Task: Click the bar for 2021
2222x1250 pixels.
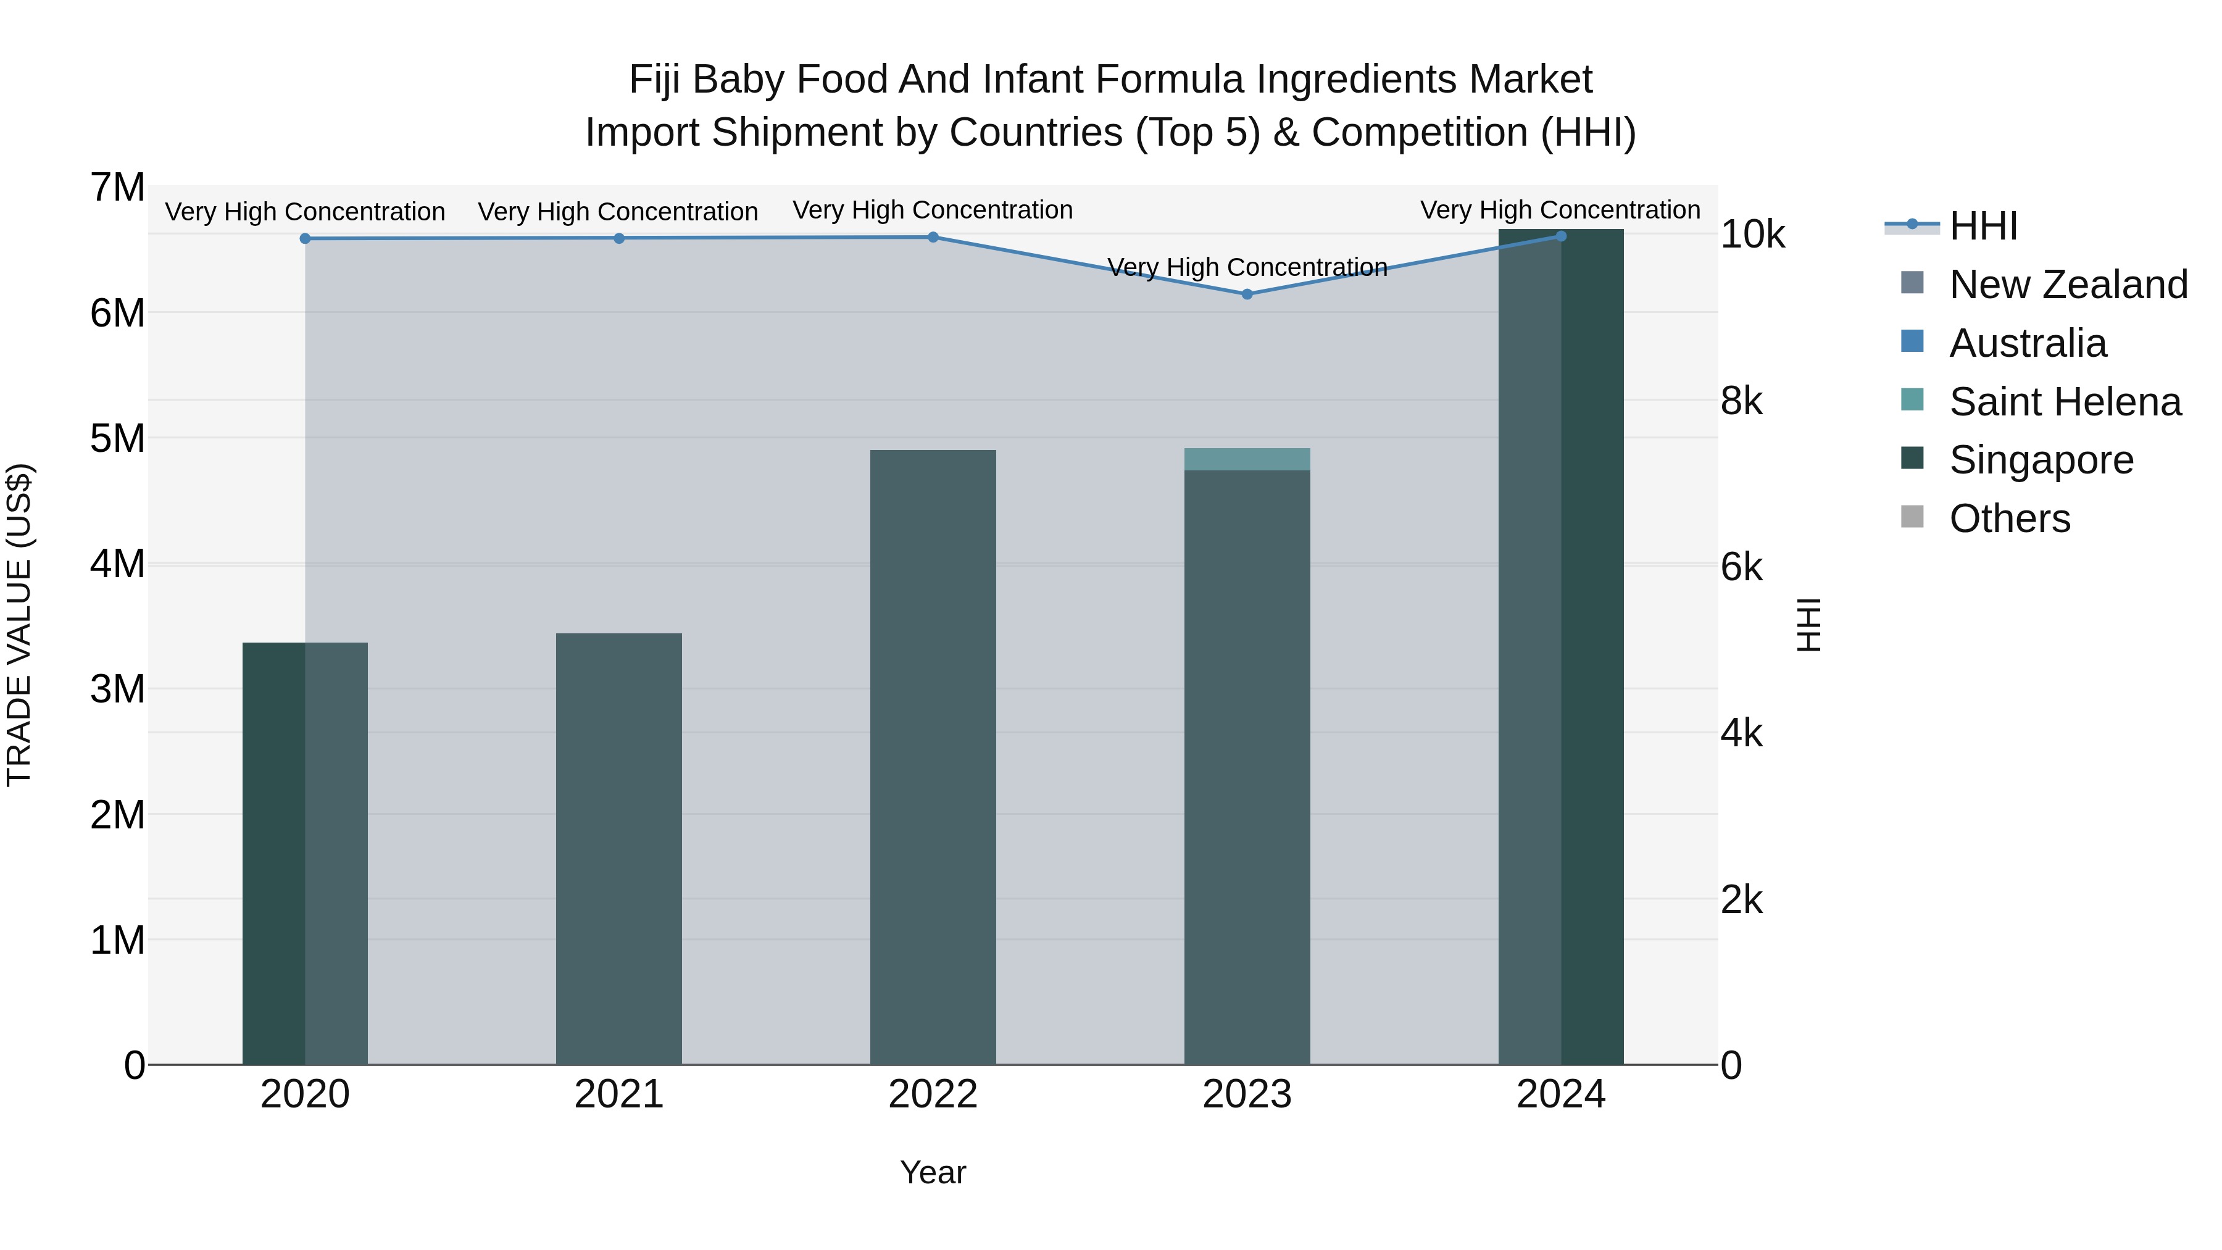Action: (x=618, y=850)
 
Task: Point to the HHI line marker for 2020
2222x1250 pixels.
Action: (x=306, y=238)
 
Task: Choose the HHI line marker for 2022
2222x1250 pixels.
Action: (x=933, y=236)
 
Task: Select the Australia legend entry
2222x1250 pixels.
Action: (x=2027, y=343)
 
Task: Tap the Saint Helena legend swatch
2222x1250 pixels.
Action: (x=1912, y=400)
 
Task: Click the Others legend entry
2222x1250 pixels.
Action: (x=2009, y=518)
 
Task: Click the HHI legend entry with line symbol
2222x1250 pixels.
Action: (x=1982, y=225)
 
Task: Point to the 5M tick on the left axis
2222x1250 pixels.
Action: (x=117, y=438)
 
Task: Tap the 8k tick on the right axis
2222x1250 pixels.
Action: (x=1742, y=401)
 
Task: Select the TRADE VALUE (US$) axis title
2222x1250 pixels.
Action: (x=19, y=625)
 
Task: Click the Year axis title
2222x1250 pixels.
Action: (x=933, y=1172)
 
